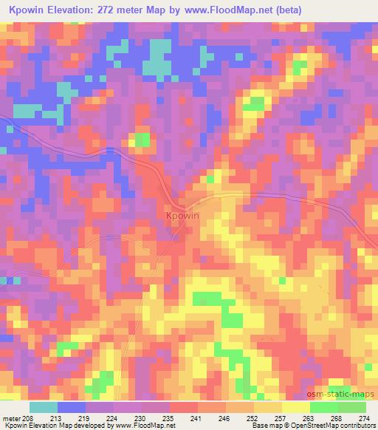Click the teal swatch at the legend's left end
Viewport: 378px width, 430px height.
click(44, 408)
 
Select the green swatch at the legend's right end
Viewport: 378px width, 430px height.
click(351, 408)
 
